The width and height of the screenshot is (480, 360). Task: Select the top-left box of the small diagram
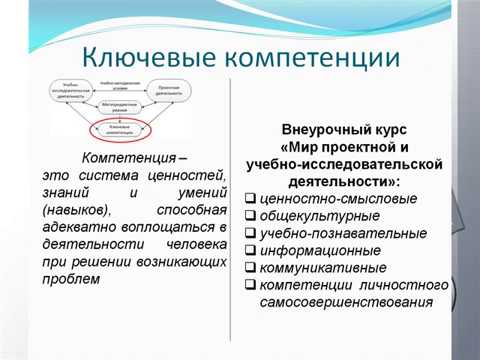tap(71, 90)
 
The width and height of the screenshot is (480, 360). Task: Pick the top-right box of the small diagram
tap(180, 90)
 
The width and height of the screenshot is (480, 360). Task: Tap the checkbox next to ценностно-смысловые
tap(250, 198)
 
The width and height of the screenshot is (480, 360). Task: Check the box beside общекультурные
tap(250, 215)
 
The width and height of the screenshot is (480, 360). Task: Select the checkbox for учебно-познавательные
tap(250, 232)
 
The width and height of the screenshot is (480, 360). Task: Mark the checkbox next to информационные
tap(250, 250)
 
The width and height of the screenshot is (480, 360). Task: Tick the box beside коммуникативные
tap(250, 267)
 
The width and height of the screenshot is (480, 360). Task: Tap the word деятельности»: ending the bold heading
tap(342, 182)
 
